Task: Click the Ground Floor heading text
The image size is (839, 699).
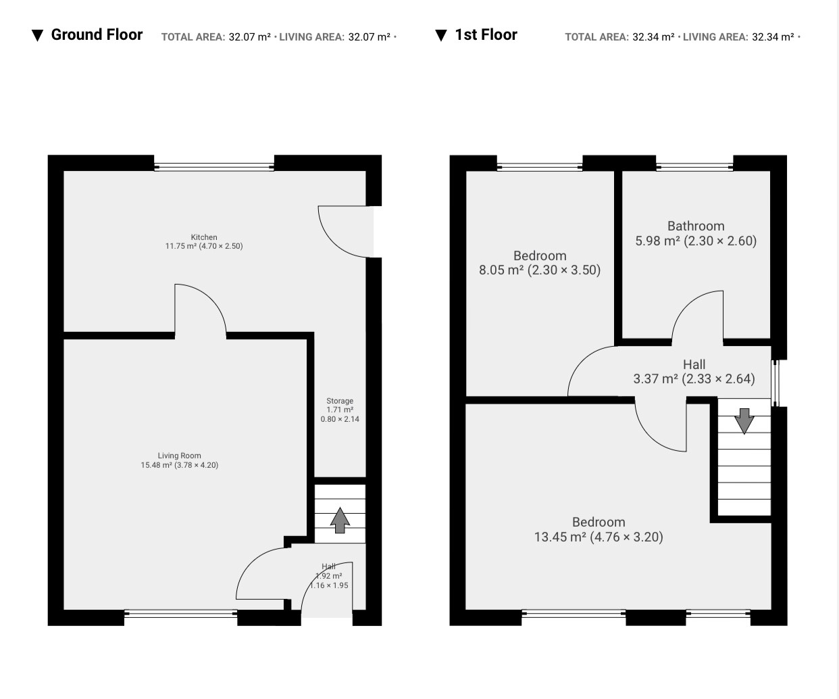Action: pyautogui.click(x=97, y=34)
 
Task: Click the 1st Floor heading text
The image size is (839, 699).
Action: pyautogui.click(x=486, y=34)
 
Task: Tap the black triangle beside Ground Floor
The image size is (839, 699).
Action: pyautogui.click(x=37, y=35)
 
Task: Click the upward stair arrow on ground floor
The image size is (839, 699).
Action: pyautogui.click(x=340, y=520)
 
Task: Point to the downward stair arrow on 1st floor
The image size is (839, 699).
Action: pyautogui.click(x=744, y=421)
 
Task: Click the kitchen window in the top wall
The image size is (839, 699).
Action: pyautogui.click(x=214, y=167)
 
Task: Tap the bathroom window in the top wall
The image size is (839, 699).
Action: pyautogui.click(x=694, y=167)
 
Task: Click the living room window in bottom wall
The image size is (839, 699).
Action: pyautogui.click(x=180, y=613)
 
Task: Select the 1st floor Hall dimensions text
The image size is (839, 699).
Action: pyautogui.click(x=694, y=379)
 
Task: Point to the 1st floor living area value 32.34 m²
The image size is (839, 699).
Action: pyautogui.click(x=773, y=37)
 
